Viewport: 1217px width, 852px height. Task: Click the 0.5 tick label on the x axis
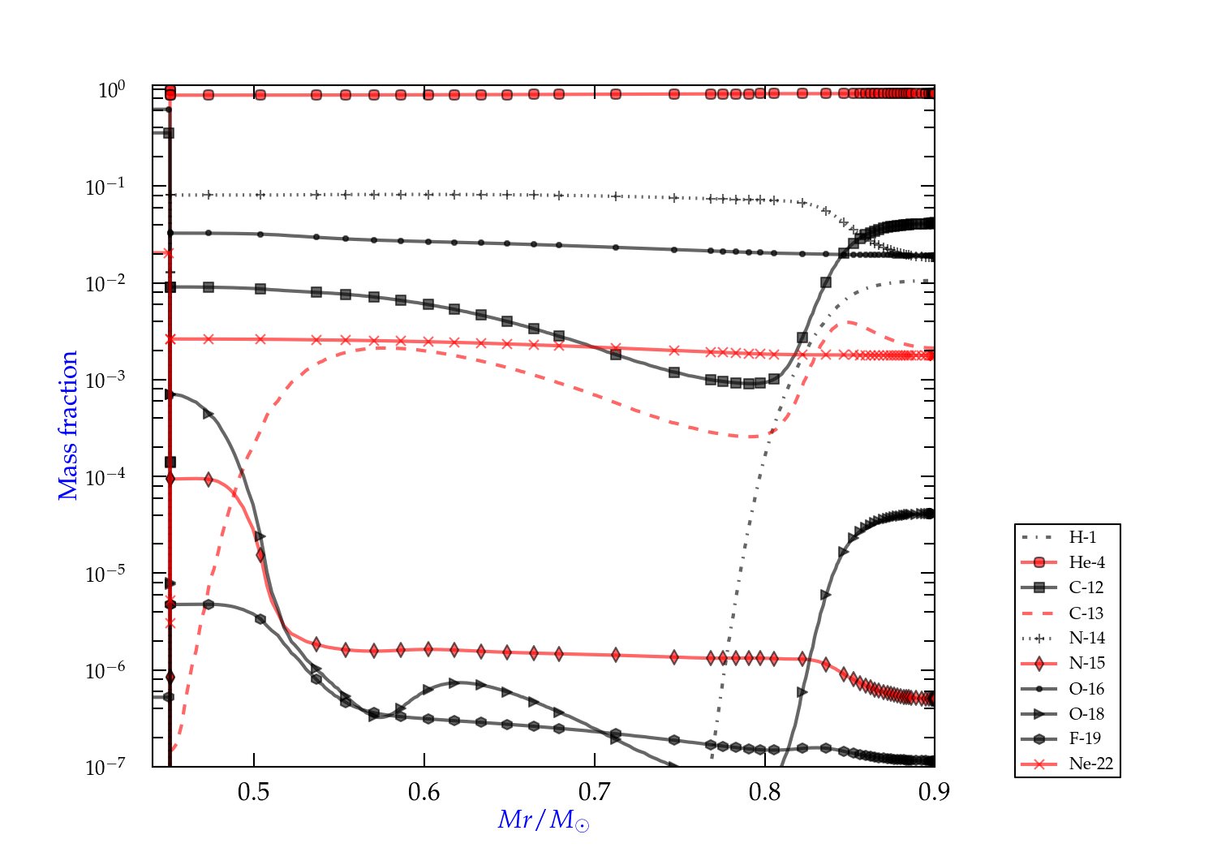[x=254, y=791]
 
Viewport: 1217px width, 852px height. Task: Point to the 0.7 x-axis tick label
[x=595, y=791]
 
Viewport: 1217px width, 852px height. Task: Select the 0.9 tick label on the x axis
[x=934, y=791]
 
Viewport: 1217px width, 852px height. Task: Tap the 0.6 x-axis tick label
[x=424, y=791]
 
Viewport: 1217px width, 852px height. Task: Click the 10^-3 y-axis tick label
[x=105, y=380]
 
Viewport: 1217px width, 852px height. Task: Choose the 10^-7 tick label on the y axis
[x=105, y=767]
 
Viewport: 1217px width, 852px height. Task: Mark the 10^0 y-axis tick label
[x=111, y=90]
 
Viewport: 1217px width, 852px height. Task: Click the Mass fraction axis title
[x=68, y=425]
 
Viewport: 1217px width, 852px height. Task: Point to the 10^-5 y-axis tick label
[x=105, y=574]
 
